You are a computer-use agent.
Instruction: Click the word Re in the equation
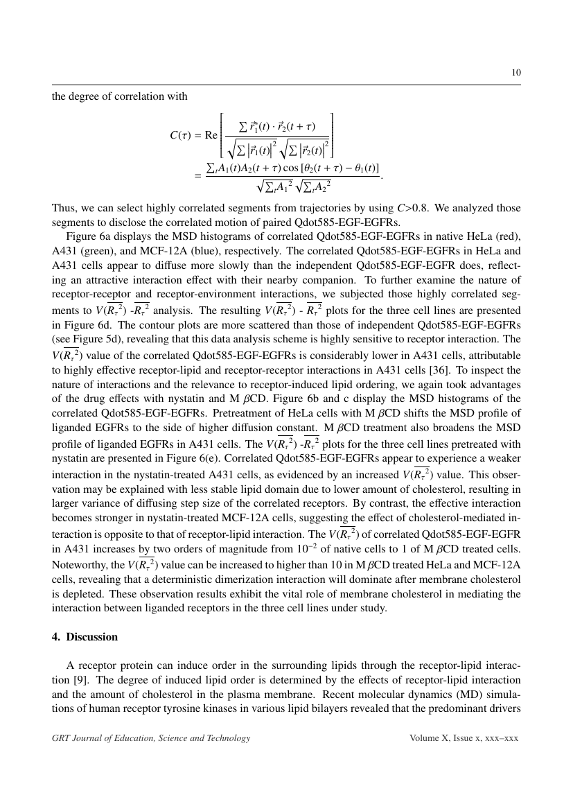click(211, 136)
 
